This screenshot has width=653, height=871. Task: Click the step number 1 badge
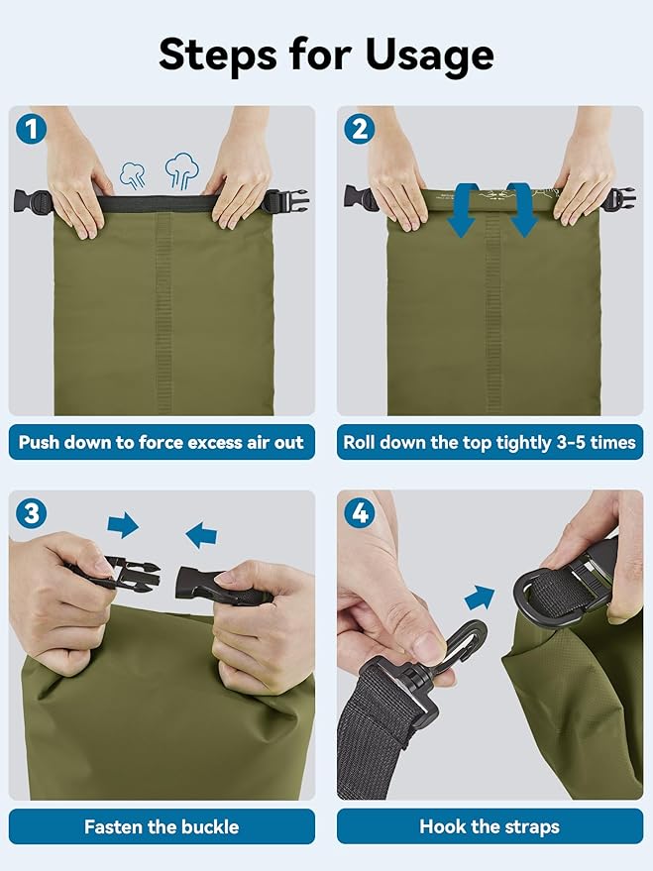[31, 128]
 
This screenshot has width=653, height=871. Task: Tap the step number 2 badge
[360, 128]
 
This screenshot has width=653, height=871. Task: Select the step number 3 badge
[31, 512]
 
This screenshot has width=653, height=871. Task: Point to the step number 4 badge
[360, 512]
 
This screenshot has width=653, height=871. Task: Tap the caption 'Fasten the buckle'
[162, 826]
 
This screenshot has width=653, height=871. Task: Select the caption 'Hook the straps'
[490, 826]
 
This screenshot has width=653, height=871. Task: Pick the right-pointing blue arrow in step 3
[123, 525]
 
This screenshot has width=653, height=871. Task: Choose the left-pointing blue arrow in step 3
[201, 535]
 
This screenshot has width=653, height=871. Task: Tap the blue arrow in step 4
[480, 599]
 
